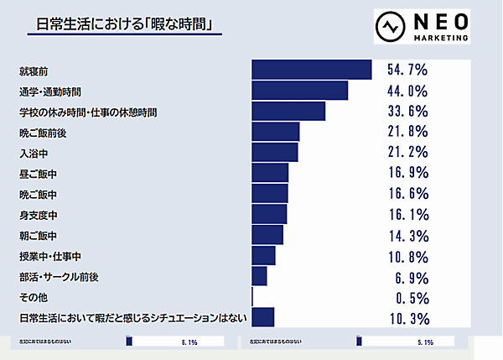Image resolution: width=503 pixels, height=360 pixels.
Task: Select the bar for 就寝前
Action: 311,70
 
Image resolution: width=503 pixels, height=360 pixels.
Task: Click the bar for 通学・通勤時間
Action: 299,91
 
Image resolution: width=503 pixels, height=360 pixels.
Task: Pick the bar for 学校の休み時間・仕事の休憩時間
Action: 288,111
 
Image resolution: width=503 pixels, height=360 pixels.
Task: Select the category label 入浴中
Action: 33,153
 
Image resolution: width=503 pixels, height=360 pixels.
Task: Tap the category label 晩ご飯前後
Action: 39,132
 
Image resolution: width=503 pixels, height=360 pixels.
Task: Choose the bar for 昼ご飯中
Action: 269,173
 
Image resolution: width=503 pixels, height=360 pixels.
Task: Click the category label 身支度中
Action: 39,215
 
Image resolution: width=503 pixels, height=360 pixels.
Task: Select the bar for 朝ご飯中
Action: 267,235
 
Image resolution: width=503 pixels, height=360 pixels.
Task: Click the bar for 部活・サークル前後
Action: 259,276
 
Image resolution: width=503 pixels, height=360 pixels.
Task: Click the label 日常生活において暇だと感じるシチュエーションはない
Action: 132,318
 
